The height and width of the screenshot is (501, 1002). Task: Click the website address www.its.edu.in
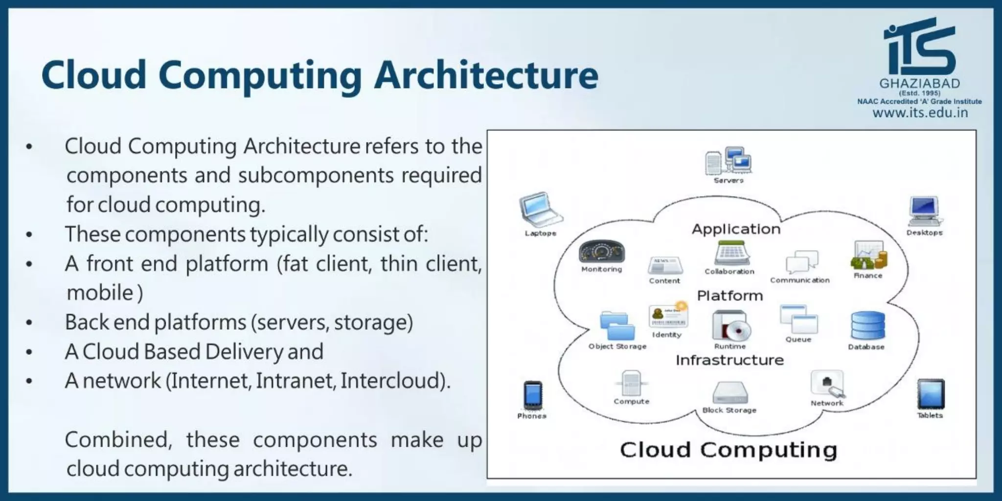click(x=920, y=113)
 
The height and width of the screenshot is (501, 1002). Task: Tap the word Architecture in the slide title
click(x=486, y=75)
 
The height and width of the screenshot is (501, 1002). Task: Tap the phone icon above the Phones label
click(x=532, y=394)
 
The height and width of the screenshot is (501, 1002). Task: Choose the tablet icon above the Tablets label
click(x=930, y=394)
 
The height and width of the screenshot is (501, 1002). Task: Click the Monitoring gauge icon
click(x=601, y=251)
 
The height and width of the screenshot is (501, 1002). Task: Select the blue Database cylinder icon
click(x=867, y=325)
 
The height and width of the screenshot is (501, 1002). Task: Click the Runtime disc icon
click(x=731, y=326)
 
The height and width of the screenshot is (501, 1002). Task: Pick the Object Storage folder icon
click(x=617, y=325)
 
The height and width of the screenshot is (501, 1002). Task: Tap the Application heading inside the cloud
click(x=736, y=229)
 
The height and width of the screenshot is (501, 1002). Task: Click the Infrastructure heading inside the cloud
click(x=729, y=360)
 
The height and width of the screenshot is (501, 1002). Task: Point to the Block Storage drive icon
click(x=730, y=392)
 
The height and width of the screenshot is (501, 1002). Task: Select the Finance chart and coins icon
click(x=868, y=255)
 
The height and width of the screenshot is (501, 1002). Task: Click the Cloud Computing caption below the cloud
click(x=729, y=450)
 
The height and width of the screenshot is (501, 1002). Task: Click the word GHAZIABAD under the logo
click(x=919, y=83)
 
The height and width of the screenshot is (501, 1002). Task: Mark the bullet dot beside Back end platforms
click(x=29, y=322)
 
